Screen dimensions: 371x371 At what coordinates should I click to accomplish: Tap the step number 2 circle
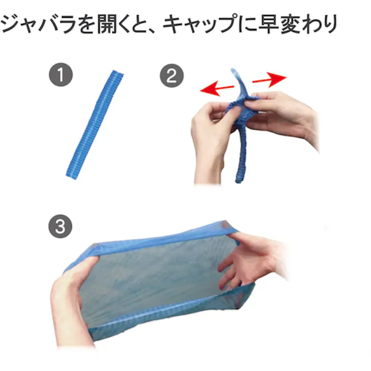pos(171,76)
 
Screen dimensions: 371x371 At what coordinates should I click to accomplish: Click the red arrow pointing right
pos(269,80)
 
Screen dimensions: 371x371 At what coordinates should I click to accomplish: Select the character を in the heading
pos(82,24)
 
